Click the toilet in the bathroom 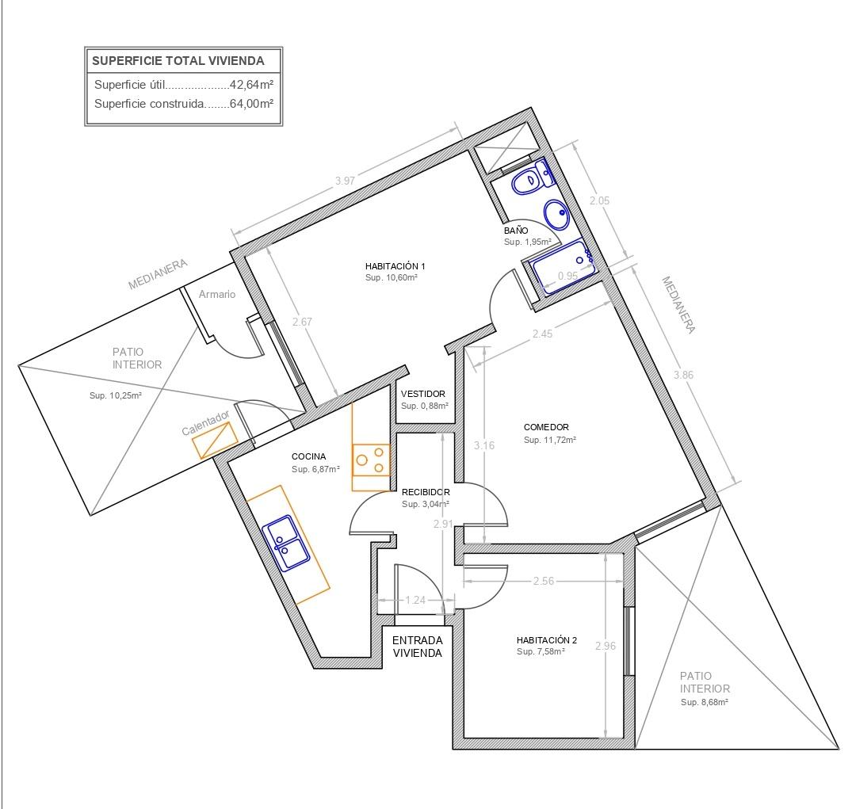[x=533, y=177]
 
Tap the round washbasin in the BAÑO [x=557, y=214]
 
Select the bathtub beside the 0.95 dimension [x=564, y=266]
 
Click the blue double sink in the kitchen [x=286, y=543]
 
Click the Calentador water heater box [x=215, y=440]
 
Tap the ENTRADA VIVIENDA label [x=418, y=647]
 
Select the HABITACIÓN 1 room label [x=395, y=266]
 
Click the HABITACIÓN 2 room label [x=547, y=640]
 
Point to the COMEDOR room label [x=546, y=427]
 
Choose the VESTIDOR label [x=422, y=394]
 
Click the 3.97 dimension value [x=345, y=181]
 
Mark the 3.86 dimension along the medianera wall [x=683, y=375]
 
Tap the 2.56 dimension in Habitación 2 [x=544, y=581]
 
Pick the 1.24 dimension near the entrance [x=415, y=600]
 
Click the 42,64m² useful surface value [x=251, y=85]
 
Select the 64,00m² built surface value [x=251, y=104]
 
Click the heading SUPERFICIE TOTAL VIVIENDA [x=178, y=61]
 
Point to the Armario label [x=217, y=294]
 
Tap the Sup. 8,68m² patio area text [x=705, y=702]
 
